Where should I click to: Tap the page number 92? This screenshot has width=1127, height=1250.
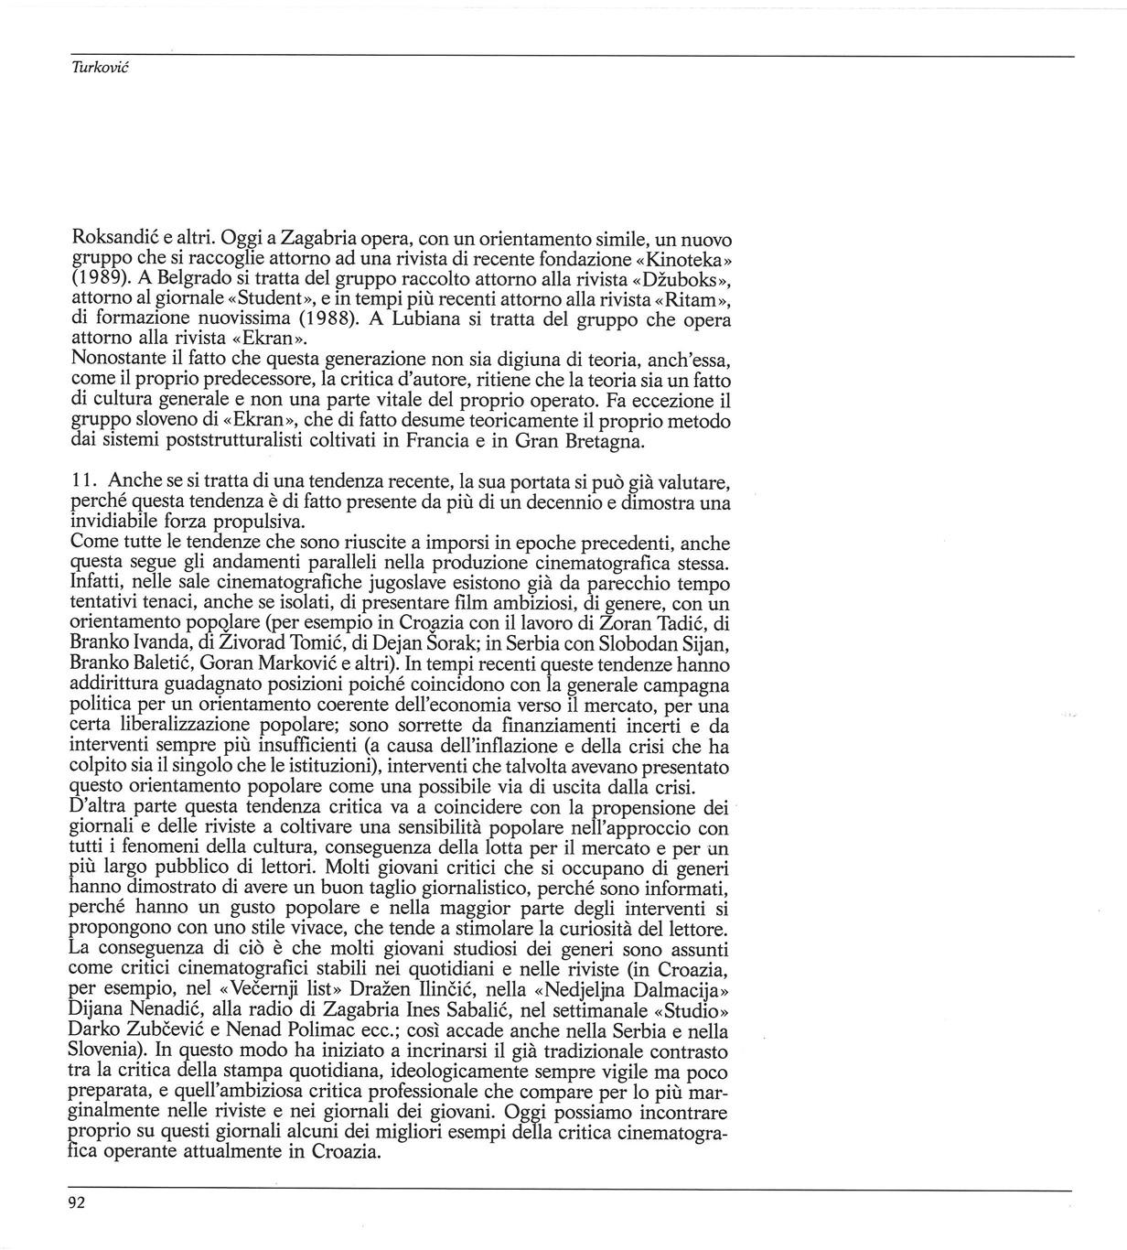[x=77, y=1203]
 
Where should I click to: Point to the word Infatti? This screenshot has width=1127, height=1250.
[x=99, y=583]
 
